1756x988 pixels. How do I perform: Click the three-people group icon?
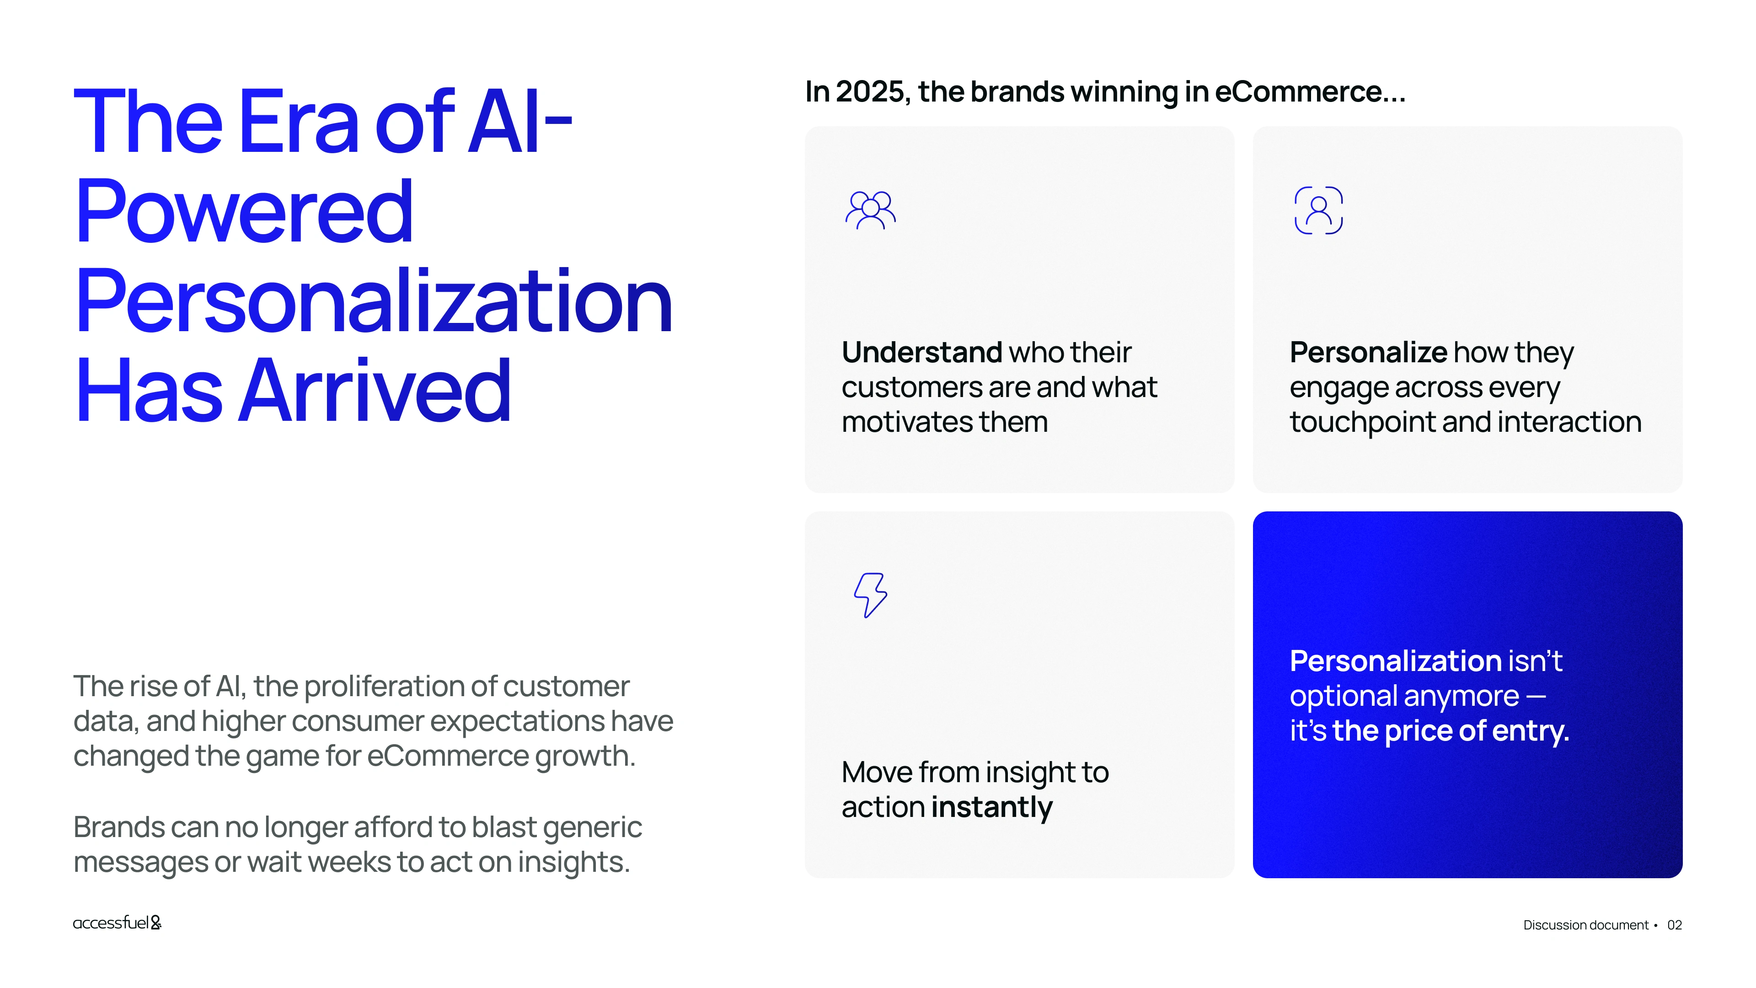(871, 210)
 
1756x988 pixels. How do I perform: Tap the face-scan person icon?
(1318, 210)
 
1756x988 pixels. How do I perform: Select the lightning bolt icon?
(871, 595)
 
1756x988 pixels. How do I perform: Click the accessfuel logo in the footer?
(117, 923)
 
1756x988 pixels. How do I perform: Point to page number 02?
(1674, 925)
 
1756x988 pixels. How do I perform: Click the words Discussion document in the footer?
(1585, 925)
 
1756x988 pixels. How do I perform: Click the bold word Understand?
(921, 353)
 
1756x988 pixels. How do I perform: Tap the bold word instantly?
(992, 808)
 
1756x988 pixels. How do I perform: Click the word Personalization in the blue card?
(1395, 660)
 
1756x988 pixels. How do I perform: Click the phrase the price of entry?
(1451, 731)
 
